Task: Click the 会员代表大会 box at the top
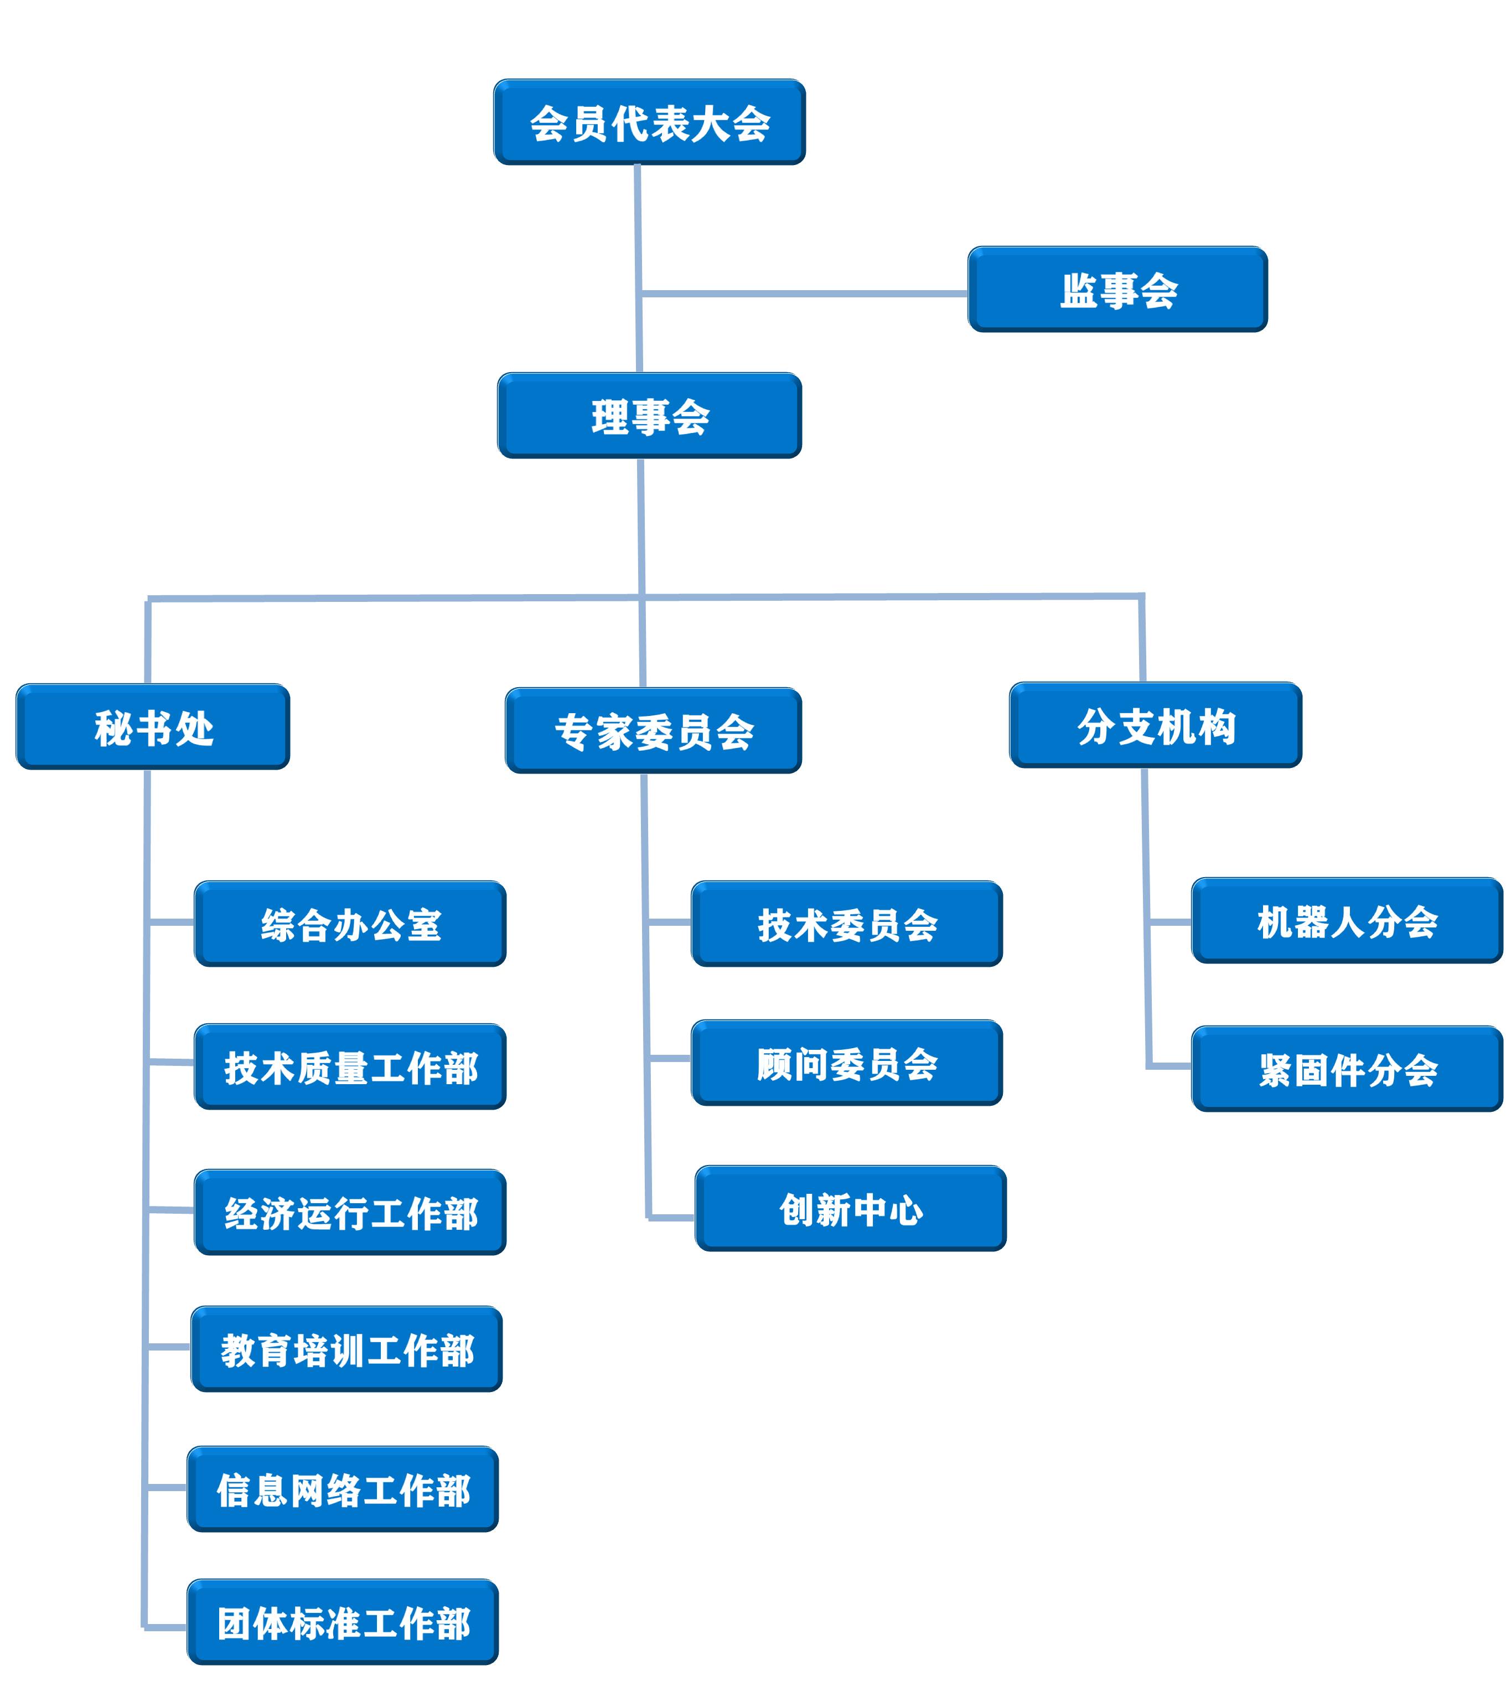649,122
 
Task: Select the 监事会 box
1117,290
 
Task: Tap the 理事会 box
649,415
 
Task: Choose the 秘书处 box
153,726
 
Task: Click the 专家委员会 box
653,731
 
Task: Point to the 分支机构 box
1155,725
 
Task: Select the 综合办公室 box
350,924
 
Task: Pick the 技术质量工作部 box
350,1067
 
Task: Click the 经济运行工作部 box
350,1213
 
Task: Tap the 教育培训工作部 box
347,1349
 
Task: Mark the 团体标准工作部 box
343,1622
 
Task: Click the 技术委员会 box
847,924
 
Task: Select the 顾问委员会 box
847,1063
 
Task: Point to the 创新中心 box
850,1208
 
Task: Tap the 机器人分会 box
1347,920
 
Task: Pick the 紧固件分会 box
1347,1069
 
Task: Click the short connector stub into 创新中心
671,1218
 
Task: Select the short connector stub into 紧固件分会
1169,1065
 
